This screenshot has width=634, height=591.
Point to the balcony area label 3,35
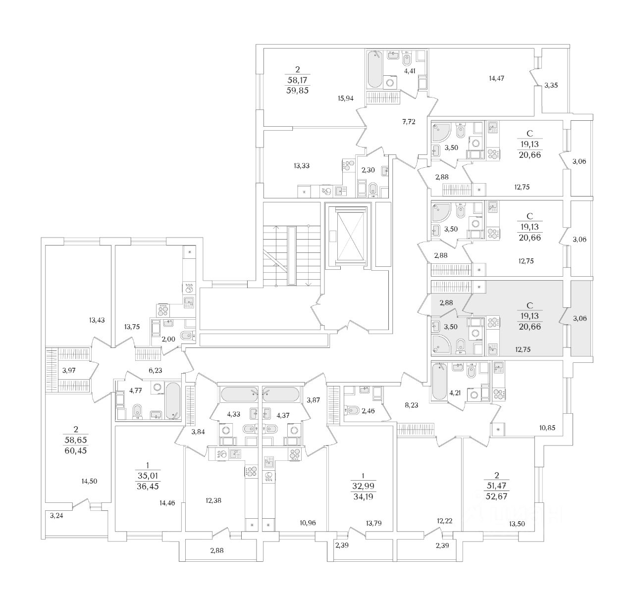551,86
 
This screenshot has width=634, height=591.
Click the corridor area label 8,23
411,404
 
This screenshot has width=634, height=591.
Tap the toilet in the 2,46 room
353,410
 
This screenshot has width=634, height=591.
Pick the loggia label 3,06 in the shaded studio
579,319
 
